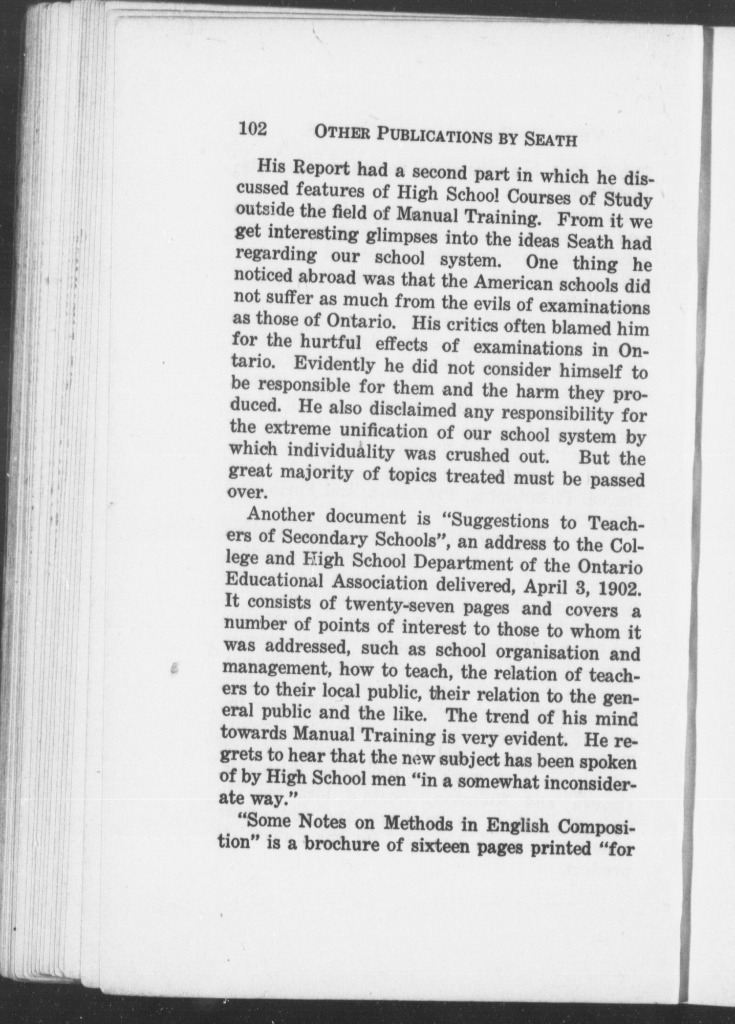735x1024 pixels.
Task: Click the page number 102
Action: tap(253, 129)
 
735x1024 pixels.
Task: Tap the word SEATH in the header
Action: tap(550, 141)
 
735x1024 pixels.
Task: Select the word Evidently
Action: tap(335, 364)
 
